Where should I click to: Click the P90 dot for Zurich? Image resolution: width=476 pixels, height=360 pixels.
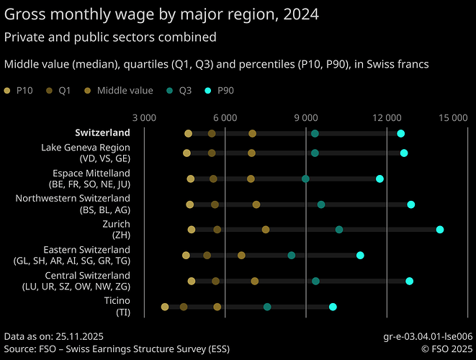(x=440, y=229)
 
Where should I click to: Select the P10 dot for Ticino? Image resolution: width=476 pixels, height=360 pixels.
(x=165, y=307)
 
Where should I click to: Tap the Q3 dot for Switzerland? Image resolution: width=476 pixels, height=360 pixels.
(x=315, y=134)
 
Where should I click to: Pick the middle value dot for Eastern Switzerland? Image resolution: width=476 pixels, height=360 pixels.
(x=242, y=256)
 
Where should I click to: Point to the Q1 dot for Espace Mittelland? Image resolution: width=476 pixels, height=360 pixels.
(x=213, y=179)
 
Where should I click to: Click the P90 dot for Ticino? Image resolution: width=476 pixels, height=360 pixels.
(x=333, y=307)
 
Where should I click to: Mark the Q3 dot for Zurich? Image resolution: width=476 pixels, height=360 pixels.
(x=339, y=230)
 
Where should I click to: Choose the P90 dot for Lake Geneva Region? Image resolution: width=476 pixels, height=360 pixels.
(x=404, y=153)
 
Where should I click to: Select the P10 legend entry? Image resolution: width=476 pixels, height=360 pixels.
(x=19, y=91)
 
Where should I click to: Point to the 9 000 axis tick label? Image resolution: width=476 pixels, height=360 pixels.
(x=306, y=117)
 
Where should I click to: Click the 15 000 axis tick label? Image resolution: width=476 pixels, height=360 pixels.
(x=454, y=117)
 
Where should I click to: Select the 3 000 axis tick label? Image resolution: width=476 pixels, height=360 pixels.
(x=145, y=117)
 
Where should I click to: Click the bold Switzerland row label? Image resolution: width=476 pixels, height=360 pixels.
(x=102, y=132)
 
